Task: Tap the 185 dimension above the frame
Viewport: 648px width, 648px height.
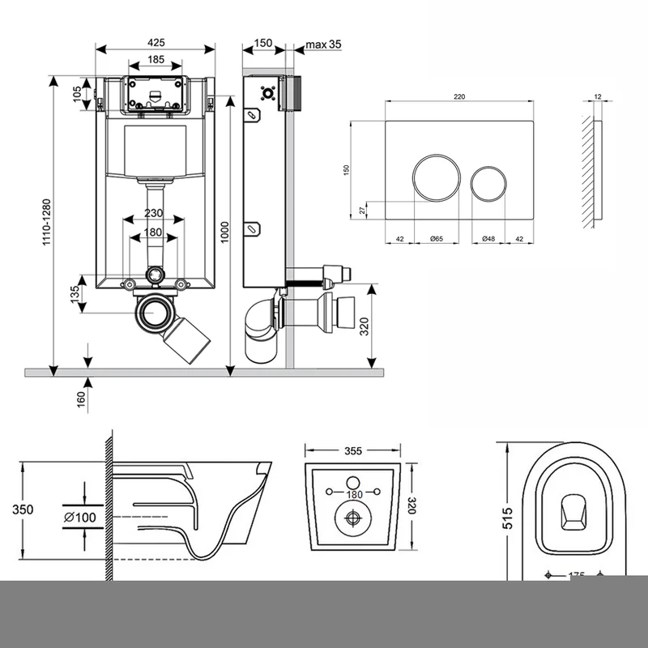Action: click(156, 59)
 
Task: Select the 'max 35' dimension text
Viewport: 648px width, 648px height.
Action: click(323, 44)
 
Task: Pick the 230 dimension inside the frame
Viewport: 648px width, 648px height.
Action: click(154, 213)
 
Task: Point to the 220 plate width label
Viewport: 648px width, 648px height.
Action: click(459, 96)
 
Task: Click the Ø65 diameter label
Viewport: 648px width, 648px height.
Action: click(435, 239)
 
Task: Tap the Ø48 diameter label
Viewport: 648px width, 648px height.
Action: click(488, 239)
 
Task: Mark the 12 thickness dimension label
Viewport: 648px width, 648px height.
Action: click(597, 96)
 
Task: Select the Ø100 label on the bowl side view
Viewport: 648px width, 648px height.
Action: click(79, 517)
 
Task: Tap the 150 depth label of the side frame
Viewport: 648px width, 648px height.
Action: click(262, 42)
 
